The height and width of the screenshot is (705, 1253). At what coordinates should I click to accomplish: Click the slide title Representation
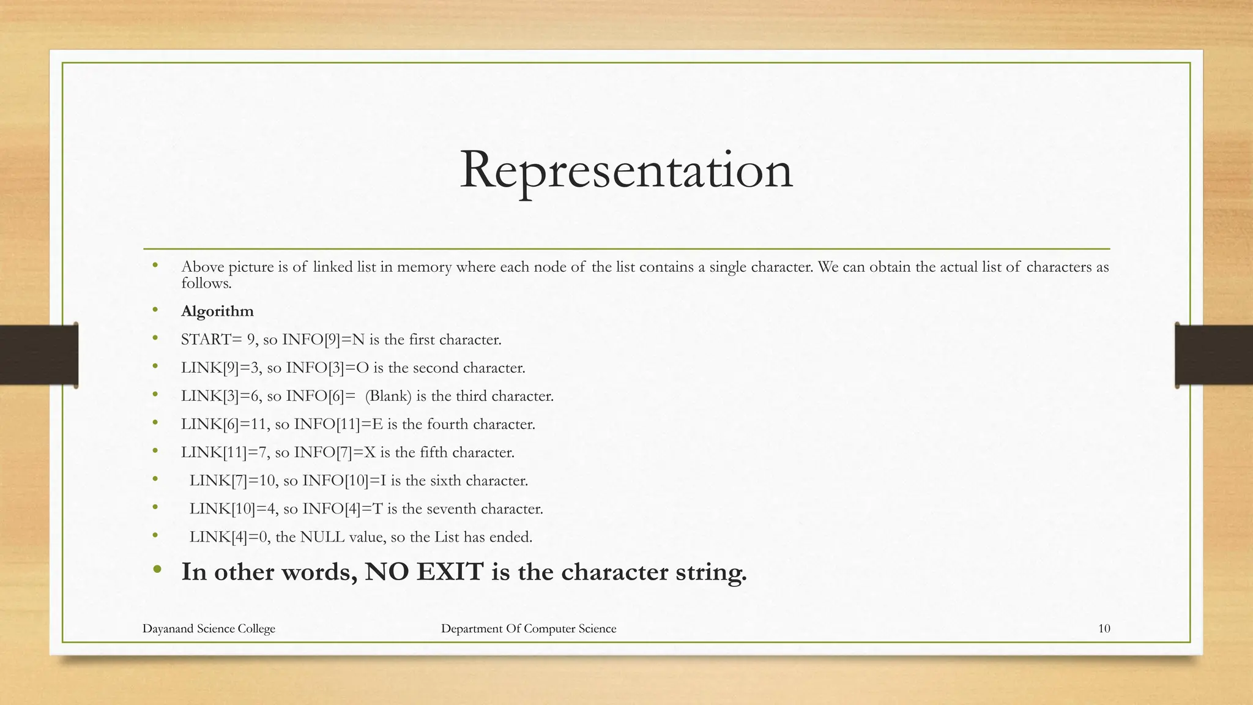pyautogui.click(x=626, y=170)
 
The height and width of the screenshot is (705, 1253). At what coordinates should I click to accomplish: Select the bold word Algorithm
pyautogui.click(x=217, y=311)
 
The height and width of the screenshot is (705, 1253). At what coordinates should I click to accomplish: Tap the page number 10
pyautogui.click(x=1104, y=629)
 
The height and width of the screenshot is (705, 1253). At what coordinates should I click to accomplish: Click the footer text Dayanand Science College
pyautogui.click(x=209, y=629)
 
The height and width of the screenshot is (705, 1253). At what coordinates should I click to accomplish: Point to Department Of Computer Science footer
pyautogui.click(x=529, y=629)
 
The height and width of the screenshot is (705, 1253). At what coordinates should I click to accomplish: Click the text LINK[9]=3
pyautogui.click(x=221, y=368)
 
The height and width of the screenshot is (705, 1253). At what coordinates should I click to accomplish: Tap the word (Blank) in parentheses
pyautogui.click(x=389, y=396)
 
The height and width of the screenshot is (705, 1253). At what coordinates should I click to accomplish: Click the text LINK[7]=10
pyautogui.click(x=234, y=480)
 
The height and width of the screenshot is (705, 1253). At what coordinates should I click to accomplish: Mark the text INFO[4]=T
pyautogui.click(x=343, y=509)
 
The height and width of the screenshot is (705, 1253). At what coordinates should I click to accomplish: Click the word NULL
pyautogui.click(x=322, y=537)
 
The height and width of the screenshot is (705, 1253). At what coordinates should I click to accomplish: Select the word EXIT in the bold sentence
pyautogui.click(x=450, y=572)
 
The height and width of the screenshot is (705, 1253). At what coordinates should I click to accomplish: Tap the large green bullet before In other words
pyautogui.click(x=157, y=570)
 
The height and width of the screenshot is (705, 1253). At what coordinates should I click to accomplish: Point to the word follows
pyautogui.click(x=206, y=283)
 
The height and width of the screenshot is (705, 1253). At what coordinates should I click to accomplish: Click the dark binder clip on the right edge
pyautogui.click(x=1213, y=356)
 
